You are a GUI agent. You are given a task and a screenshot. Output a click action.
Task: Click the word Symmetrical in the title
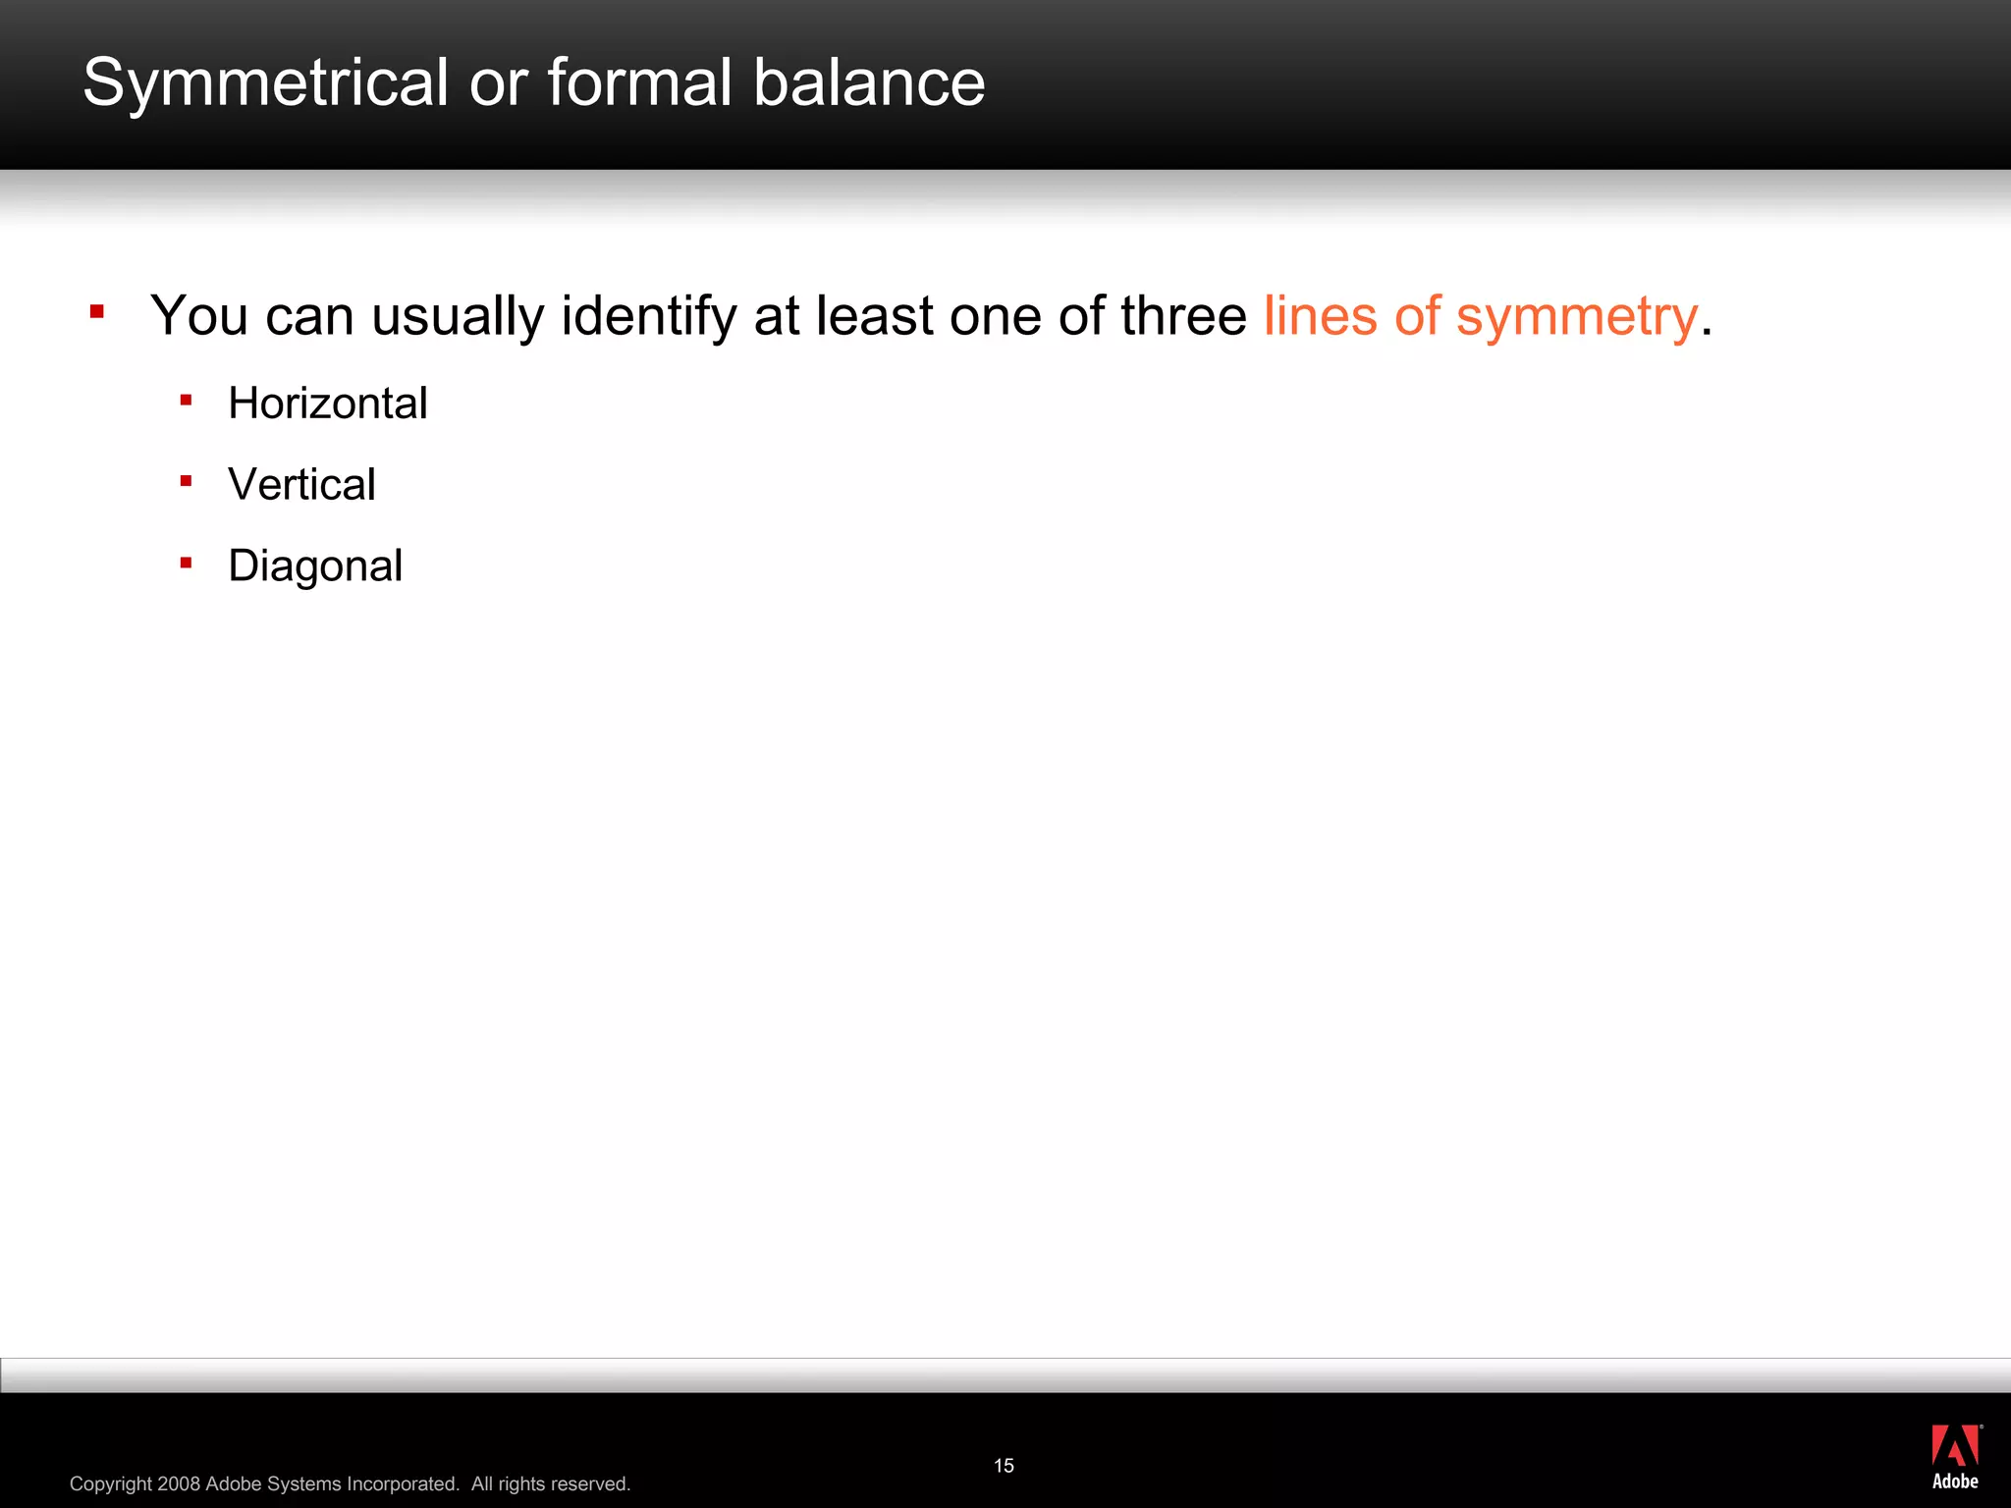click(x=265, y=82)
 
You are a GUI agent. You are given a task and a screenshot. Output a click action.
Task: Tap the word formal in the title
click(x=639, y=82)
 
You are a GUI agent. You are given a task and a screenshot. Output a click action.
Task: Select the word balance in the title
click(x=869, y=82)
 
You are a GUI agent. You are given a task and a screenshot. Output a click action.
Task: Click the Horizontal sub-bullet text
click(x=327, y=404)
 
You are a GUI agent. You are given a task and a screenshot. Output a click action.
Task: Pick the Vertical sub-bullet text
click(x=301, y=485)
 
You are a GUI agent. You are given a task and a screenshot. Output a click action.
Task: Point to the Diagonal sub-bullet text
click(x=315, y=566)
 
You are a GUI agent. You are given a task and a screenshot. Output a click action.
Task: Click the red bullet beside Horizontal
click(x=186, y=400)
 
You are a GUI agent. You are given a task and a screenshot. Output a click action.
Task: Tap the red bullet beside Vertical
click(x=186, y=481)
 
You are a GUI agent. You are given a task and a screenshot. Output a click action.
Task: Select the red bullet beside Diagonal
click(x=186, y=563)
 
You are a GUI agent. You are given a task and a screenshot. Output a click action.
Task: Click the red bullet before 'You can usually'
click(x=96, y=312)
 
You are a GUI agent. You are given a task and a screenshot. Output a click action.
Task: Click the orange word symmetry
click(x=1577, y=317)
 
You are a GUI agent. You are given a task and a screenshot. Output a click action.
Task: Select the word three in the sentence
click(x=1183, y=316)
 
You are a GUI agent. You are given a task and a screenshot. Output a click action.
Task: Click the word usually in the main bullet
click(x=458, y=317)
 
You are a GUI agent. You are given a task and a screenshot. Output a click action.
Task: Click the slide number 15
click(x=1004, y=1466)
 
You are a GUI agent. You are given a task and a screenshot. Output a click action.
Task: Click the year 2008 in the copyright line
click(x=179, y=1483)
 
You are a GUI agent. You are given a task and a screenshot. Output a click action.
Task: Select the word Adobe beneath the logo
click(x=1955, y=1481)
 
